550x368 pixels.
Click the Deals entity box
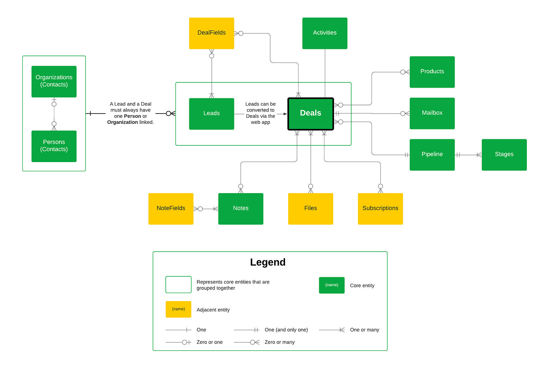tap(310, 114)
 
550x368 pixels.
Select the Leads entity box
tap(211, 114)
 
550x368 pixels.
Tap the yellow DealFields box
tap(211, 33)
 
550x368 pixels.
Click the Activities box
tap(324, 33)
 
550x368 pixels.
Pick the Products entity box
tap(432, 72)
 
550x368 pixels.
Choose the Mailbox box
tap(432, 113)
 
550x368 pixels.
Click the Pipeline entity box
tap(432, 155)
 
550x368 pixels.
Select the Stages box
tap(504, 155)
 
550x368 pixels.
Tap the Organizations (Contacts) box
tap(54, 81)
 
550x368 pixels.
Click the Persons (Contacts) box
tap(54, 146)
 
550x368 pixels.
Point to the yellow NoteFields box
tap(171, 208)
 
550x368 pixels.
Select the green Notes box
tap(241, 208)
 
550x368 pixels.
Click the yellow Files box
tap(310, 208)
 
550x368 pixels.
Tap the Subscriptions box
tap(380, 208)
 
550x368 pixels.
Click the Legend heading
tap(268, 262)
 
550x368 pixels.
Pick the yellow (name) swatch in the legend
tap(178, 309)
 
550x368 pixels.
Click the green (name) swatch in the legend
tap(332, 285)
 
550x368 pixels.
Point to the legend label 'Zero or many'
tap(279, 342)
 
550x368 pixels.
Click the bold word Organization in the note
tap(122, 122)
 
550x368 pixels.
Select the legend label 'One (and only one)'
tap(286, 330)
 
